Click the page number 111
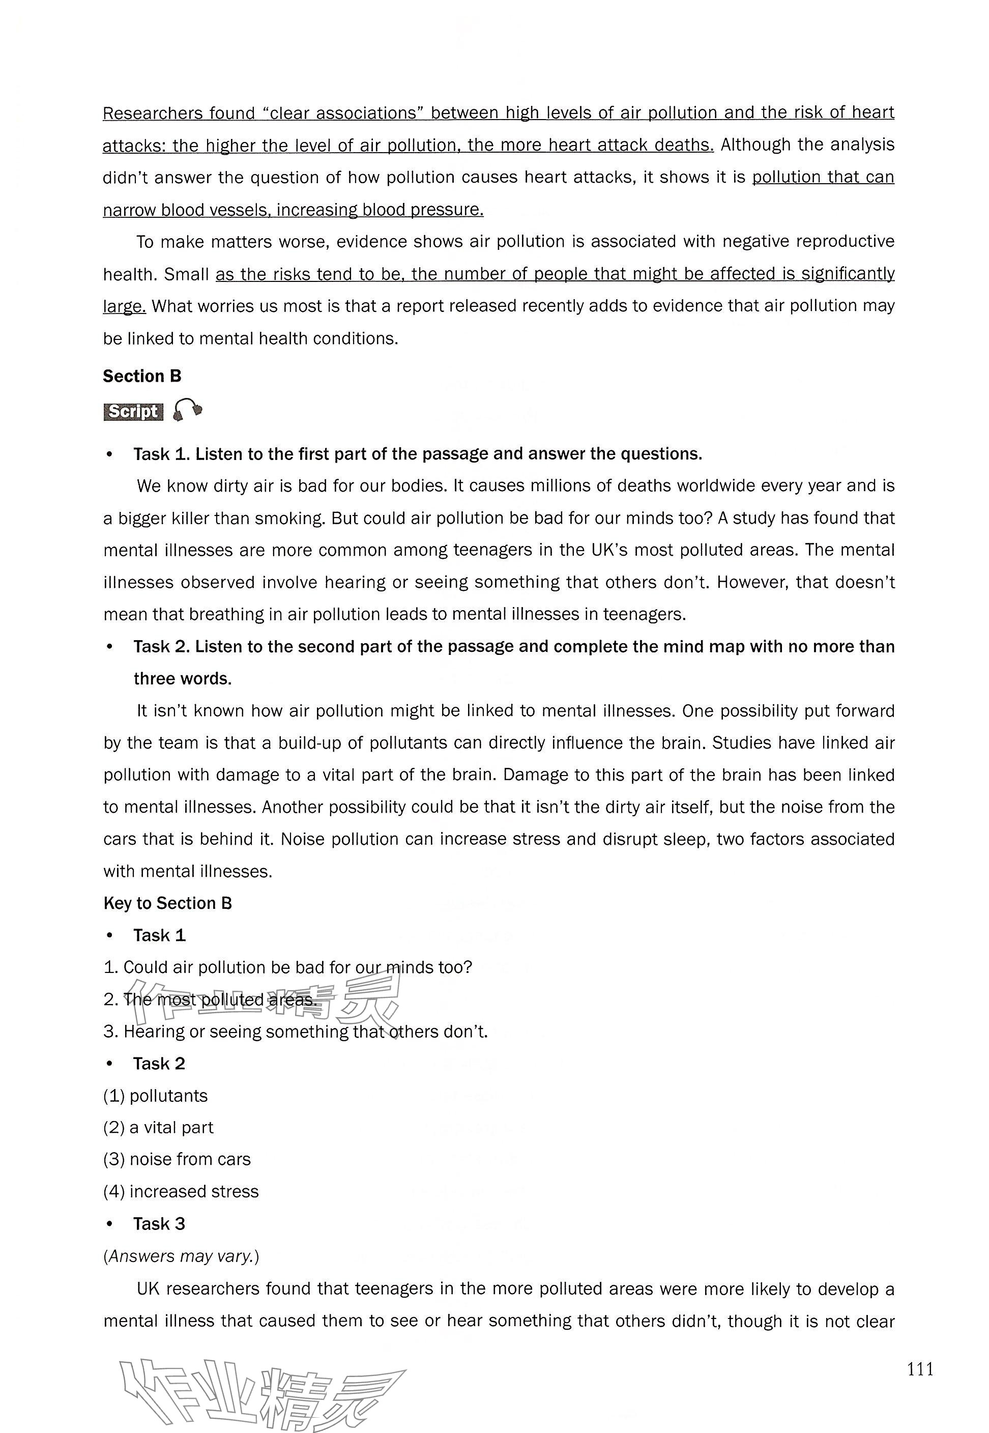coord(920,1368)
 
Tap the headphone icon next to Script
coord(187,410)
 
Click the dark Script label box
coord(133,412)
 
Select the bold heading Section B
coord(142,376)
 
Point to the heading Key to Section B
coord(167,903)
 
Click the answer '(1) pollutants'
coord(156,1095)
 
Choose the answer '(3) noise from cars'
coord(177,1159)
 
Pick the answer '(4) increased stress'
coord(181,1191)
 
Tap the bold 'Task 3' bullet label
coord(159,1223)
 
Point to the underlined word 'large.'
coord(124,306)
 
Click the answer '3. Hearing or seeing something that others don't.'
coord(296,1031)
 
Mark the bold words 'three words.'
coord(183,679)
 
